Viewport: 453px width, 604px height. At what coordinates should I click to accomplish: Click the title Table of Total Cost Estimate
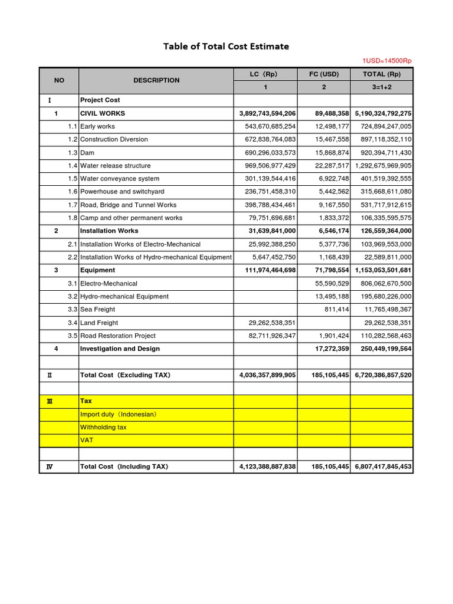226,47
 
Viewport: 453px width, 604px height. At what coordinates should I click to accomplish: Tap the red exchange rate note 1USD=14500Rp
387,61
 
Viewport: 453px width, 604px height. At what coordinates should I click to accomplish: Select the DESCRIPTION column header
156,80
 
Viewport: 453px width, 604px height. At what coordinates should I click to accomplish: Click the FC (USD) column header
324,74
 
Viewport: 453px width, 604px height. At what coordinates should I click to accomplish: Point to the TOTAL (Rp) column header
382,74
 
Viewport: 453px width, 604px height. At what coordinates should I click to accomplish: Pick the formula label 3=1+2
382,87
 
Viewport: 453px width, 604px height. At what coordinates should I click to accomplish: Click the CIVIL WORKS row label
103,113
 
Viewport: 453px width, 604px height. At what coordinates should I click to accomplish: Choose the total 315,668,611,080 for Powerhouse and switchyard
382,192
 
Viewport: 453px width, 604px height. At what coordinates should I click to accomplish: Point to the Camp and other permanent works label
131,218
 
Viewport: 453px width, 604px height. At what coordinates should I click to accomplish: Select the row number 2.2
72,257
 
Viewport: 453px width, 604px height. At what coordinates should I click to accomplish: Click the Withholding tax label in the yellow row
103,427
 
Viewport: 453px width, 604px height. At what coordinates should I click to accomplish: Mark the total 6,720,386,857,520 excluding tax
383,375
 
